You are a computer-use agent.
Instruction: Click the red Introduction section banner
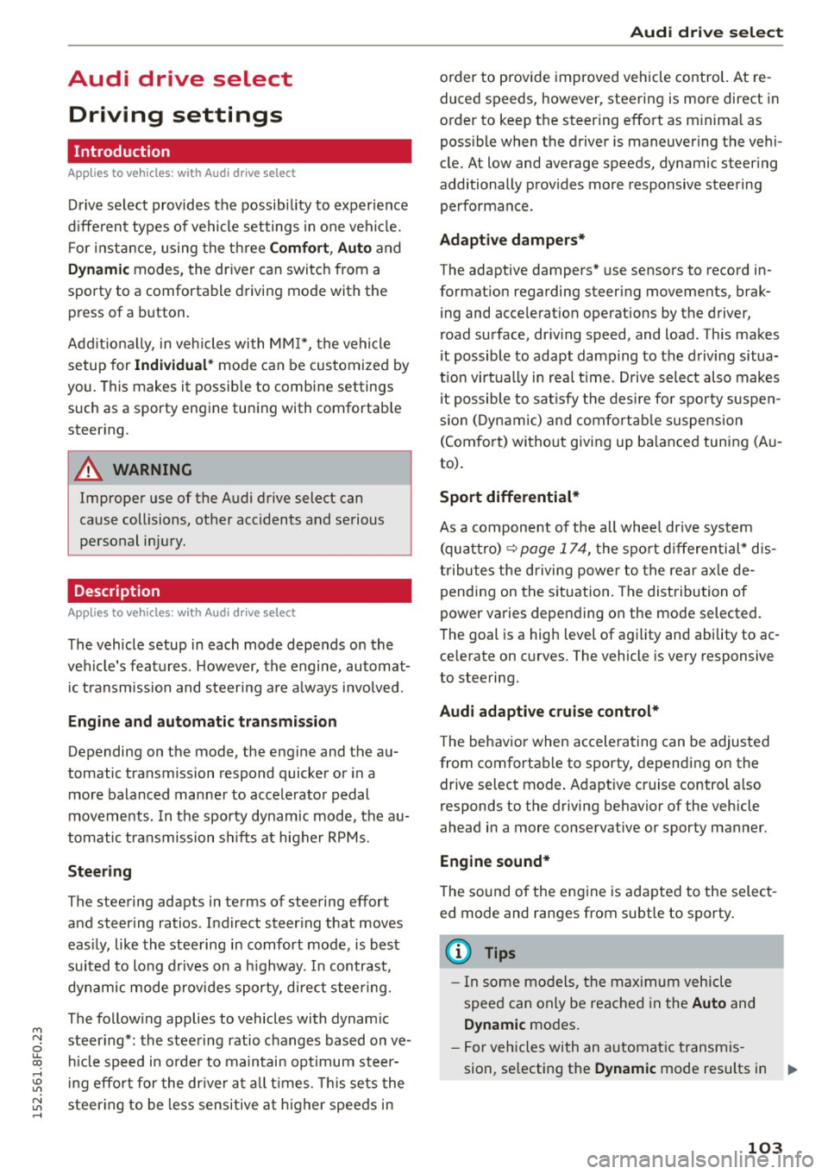(x=239, y=151)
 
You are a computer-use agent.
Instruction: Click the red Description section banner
(x=239, y=591)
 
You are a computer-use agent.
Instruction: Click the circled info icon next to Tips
(x=458, y=952)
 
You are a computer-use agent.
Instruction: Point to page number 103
(x=764, y=1147)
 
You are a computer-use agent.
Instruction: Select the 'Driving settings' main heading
(x=175, y=115)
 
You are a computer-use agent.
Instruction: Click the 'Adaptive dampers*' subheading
(x=512, y=240)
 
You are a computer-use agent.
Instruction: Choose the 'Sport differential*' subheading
(x=509, y=497)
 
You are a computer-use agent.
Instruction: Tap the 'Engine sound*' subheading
(x=494, y=861)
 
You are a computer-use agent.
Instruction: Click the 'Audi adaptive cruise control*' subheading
(x=549, y=711)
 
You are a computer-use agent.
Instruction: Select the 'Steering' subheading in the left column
(x=100, y=871)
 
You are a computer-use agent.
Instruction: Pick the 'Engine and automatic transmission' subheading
(x=202, y=721)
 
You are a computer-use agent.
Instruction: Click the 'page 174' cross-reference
(x=553, y=549)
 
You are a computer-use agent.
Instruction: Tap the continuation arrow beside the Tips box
(x=793, y=1070)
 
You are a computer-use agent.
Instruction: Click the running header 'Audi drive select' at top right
(x=706, y=33)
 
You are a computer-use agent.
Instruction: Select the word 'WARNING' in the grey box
(x=152, y=469)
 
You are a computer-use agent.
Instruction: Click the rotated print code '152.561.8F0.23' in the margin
(x=37, y=1060)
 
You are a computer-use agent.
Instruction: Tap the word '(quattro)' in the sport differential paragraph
(x=470, y=549)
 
